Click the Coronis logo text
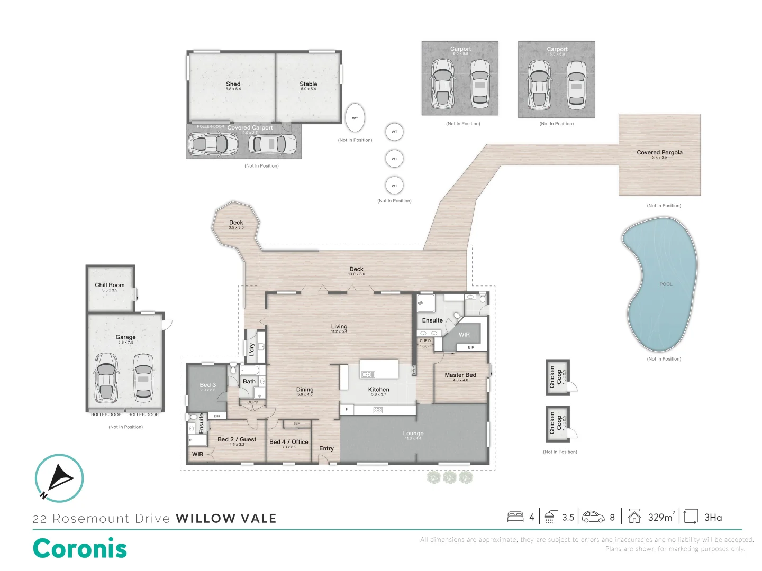pyautogui.click(x=80, y=548)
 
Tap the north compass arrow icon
pyautogui.click(x=59, y=478)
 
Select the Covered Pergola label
pyautogui.click(x=659, y=152)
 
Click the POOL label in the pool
pyautogui.click(x=666, y=284)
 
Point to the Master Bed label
pyautogui.click(x=460, y=375)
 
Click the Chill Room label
pyautogui.click(x=110, y=285)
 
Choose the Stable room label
pyautogui.click(x=309, y=84)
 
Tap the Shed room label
pyautogui.click(x=233, y=84)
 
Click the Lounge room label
pyautogui.click(x=413, y=433)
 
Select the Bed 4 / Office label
pyautogui.click(x=288, y=441)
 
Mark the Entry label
pyautogui.click(x=326, y=448)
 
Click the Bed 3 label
pyautogui.click(x=208, y=385)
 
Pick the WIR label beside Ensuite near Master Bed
pyautogui.click(x=464, y=335)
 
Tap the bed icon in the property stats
pyautogui.click(x=515, y=517)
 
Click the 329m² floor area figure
pyautogui.click(x=661, y=517)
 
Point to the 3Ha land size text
pyautogui.click(x=713, y=517)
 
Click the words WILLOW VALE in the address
pyautogui.click(x=226, y=519)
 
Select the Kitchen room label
pyautogui.click(x=379, y=390)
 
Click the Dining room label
pyautogui.click(x=305, y=390)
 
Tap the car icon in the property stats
pyautogui.click(x=593, y=517)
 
